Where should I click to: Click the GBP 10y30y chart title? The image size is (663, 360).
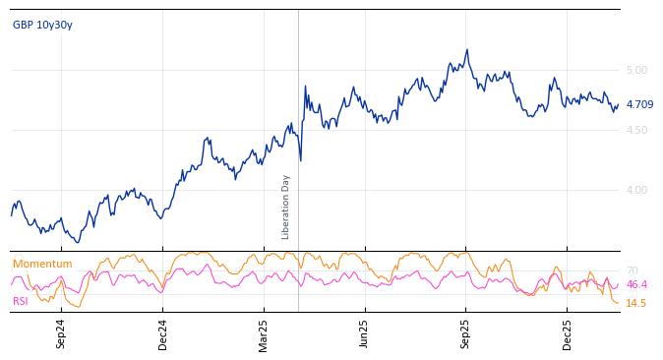(x=42, y=25)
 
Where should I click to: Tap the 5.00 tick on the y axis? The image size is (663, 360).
(x=636, y=70)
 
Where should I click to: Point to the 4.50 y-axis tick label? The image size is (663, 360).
(x=636, y=130)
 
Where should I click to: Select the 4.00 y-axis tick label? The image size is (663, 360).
(x=636, y=190)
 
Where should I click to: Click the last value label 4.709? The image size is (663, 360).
(x=639, y=104)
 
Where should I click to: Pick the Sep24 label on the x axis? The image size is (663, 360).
(x=61, y=333)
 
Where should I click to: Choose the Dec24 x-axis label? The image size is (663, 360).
(x=163, y=333)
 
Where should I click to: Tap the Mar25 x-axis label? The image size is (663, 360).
(x=264, y=333)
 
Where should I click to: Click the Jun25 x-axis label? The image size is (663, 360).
(x=365, y=333)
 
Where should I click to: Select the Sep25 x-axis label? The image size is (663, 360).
(x=466, y=333)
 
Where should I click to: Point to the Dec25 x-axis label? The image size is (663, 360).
(x=568, y=333)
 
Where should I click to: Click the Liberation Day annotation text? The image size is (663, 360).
(x=286, y=207)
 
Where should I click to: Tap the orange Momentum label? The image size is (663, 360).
(x=42, y=264)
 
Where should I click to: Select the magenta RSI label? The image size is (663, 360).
(x=21, y=301)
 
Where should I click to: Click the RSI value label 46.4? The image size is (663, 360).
(x=636, y=284)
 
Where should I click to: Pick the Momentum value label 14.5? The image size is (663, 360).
(x=636, y=303)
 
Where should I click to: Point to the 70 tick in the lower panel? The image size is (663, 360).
(x=632, y=270)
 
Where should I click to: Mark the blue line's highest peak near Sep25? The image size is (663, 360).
(x=467, y=49)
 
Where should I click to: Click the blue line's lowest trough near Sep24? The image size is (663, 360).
(x=78, y=242)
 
